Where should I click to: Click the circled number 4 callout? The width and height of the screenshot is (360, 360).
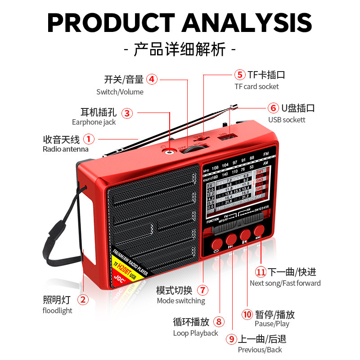tap(152, 80)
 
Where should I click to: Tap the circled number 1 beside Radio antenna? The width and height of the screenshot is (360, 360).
tap(89, 139)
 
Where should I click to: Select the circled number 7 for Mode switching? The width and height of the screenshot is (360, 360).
tap(203, 290)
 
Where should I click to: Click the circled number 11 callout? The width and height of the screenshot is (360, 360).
tap(261, 272)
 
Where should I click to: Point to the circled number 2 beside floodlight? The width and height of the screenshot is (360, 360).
tap(83, 299)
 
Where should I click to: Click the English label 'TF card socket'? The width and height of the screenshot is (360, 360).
tap(256, 86)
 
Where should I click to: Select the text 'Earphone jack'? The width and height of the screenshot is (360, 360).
tap(94, 122)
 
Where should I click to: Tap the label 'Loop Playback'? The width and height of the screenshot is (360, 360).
tap(195, 333)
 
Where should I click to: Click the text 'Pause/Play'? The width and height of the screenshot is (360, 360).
tap(272, 324)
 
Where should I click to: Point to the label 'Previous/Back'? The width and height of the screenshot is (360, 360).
tap(260, 350)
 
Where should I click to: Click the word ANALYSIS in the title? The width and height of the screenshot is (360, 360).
tap(247, 22)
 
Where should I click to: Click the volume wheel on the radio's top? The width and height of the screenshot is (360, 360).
tap(195, 149)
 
